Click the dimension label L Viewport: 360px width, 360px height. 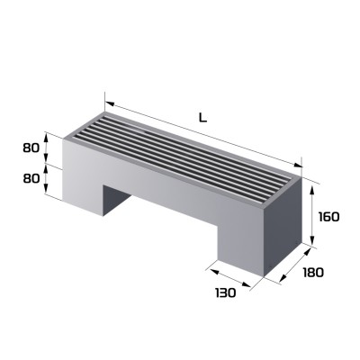point(202,116)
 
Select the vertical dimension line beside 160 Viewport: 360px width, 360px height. point(312,213)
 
